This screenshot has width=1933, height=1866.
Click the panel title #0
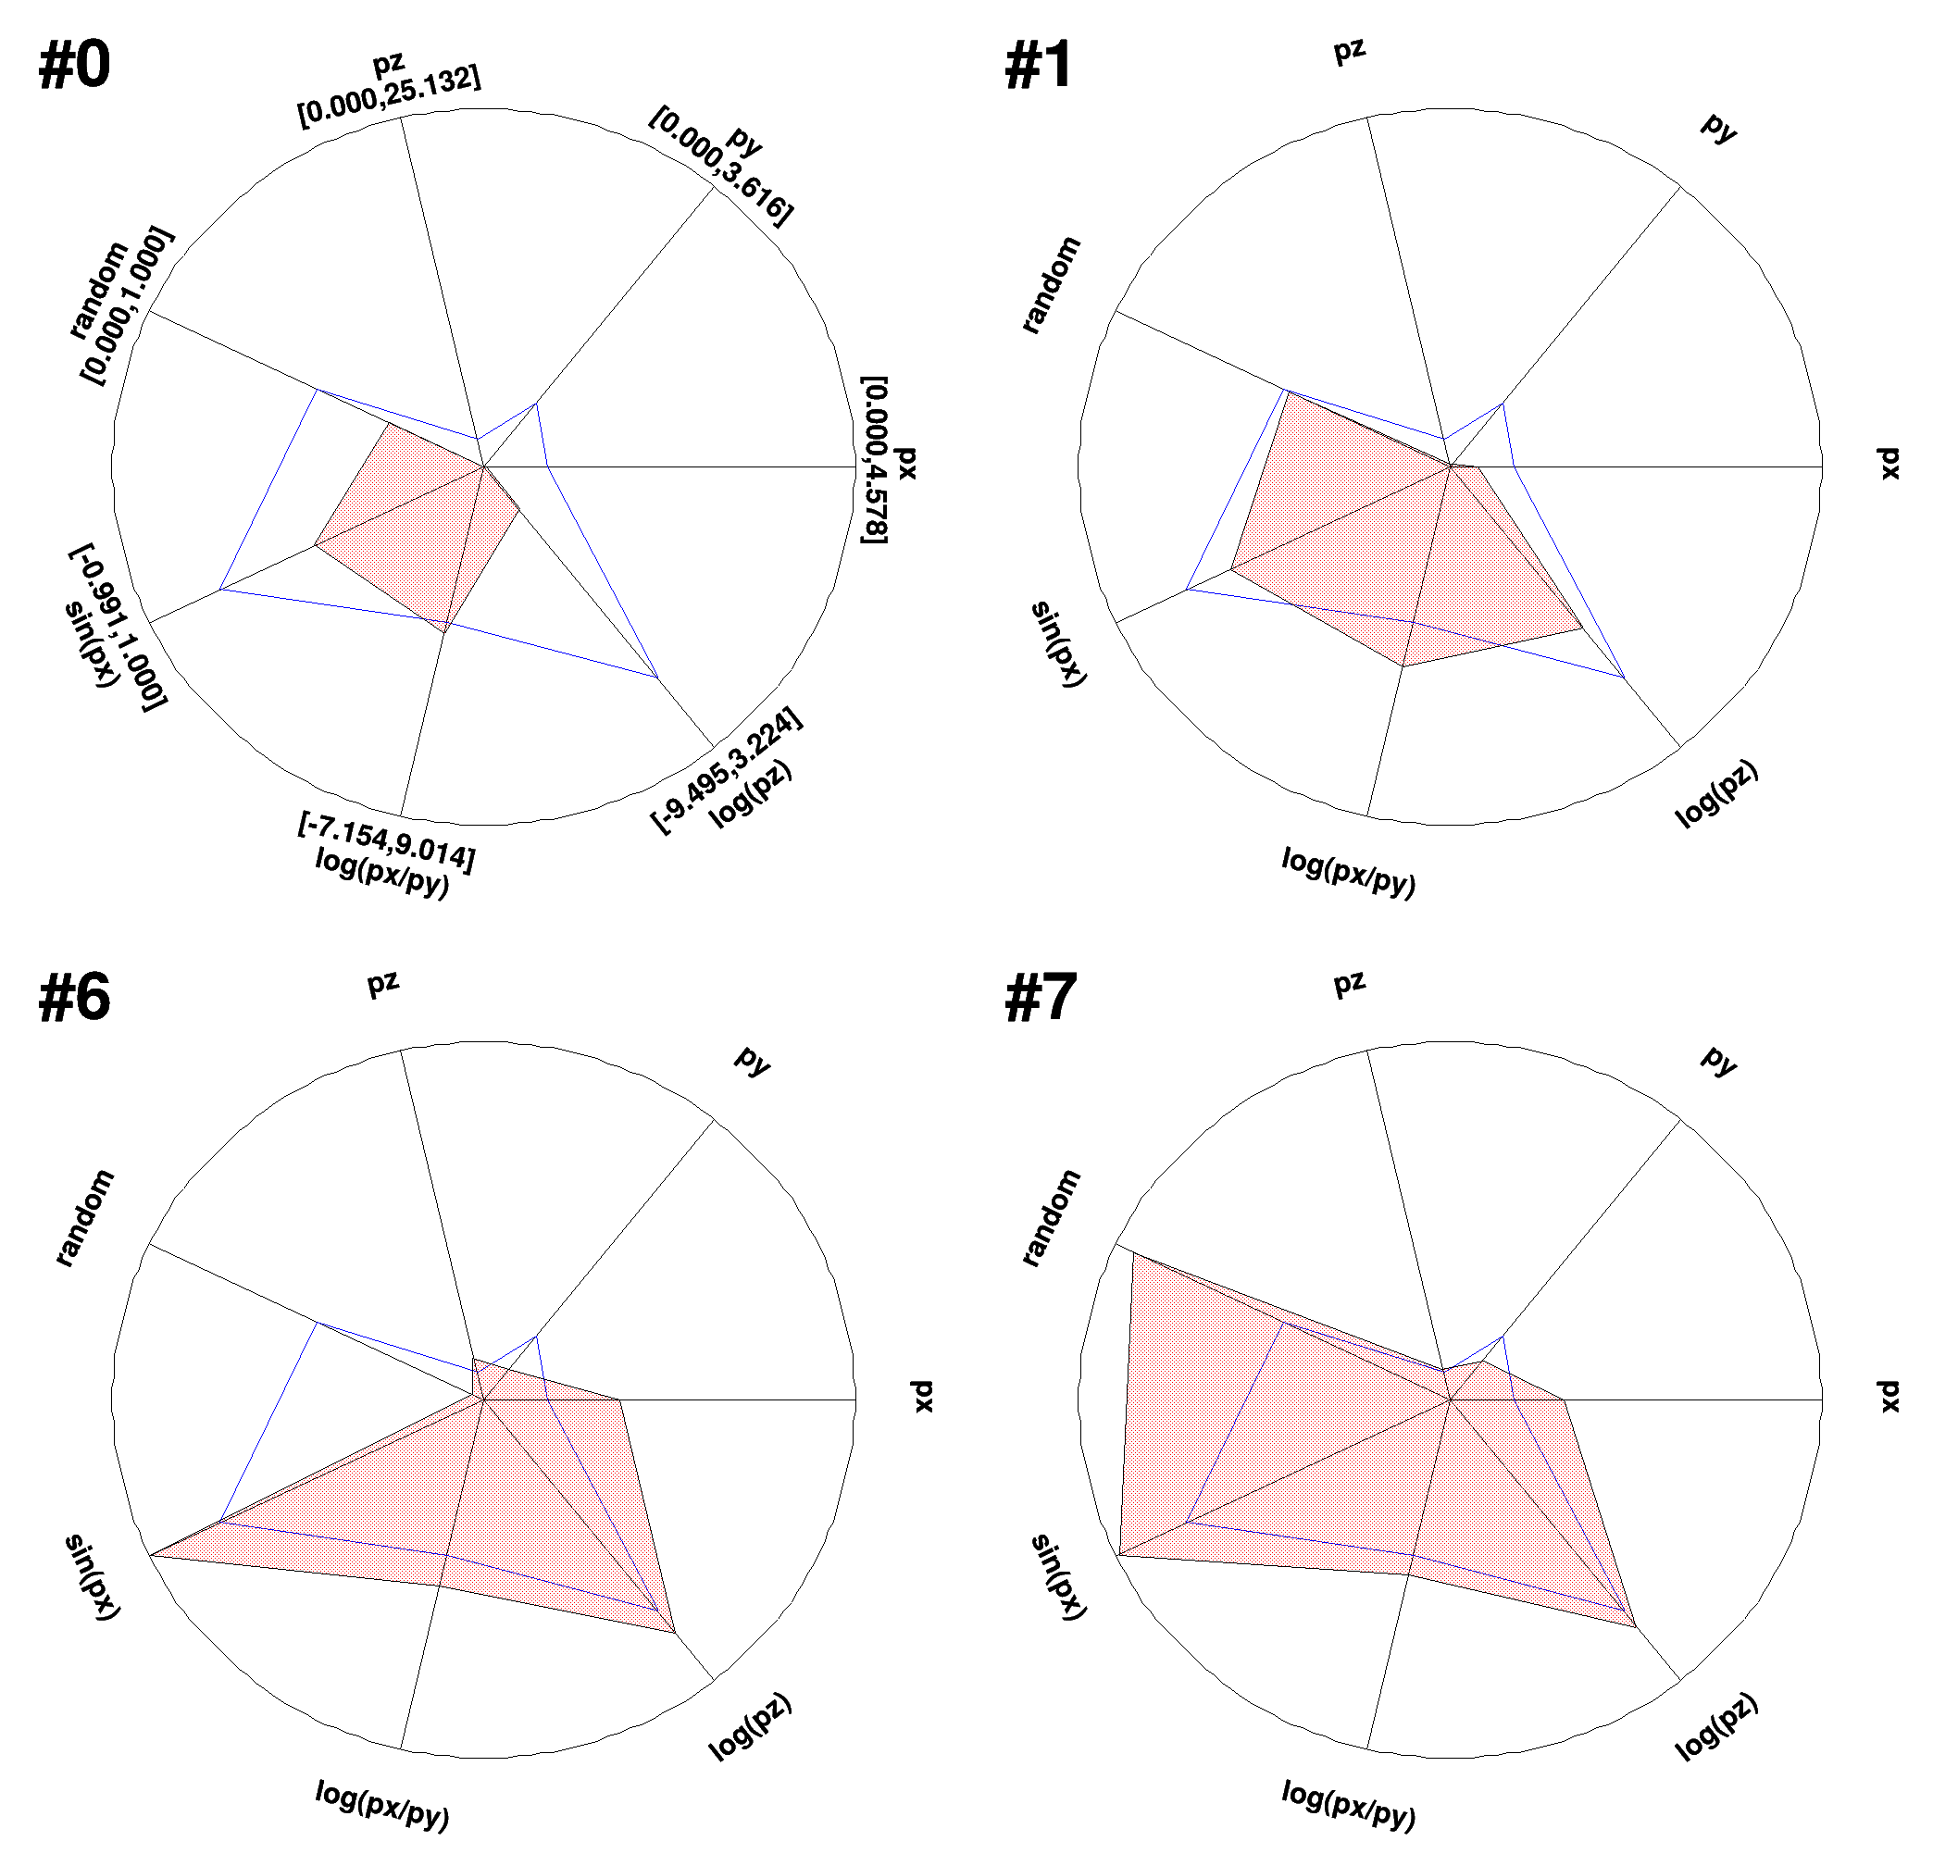[x=74, y=66]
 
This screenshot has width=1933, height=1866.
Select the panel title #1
[x=1039, y=66]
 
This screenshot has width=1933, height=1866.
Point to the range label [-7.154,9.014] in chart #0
[x=387, y=842]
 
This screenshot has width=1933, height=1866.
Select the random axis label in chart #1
[x=1052, y=285]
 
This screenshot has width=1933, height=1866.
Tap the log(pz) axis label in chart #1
[x=1717, y=794]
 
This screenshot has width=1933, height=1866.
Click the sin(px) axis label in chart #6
[x=93, y=1576]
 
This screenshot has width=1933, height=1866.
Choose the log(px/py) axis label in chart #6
[x=382, y=1805]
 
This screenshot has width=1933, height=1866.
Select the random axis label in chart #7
[x=1052, y=1218]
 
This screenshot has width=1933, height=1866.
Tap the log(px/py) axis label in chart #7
[x=1349, y=1805]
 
